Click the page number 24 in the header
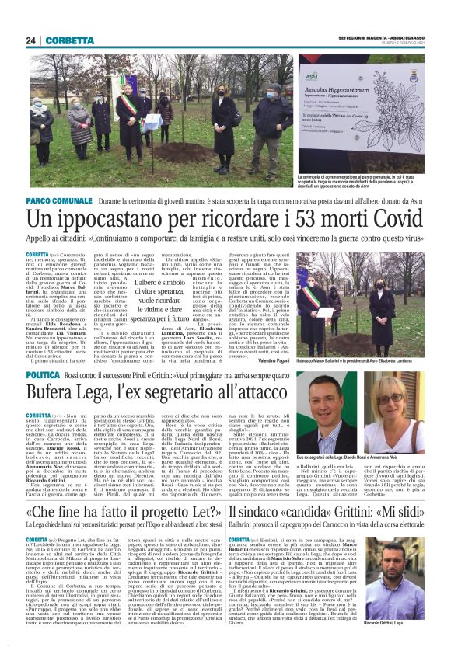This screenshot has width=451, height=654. pos(30,40)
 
